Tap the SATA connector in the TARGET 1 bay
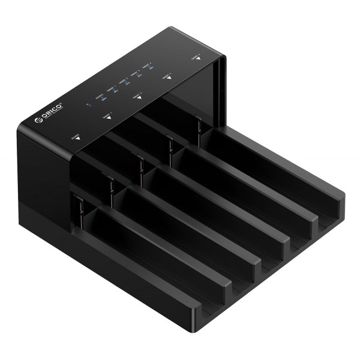110,185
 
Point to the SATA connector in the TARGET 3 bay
169,147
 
